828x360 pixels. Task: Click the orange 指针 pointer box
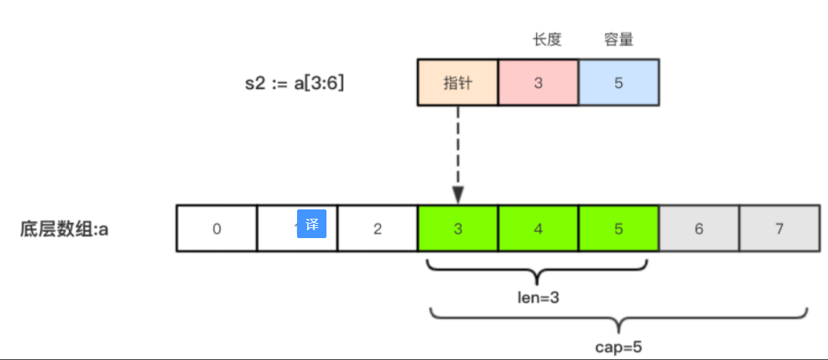[x=457, y=82]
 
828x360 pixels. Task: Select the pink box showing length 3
[x=538, y=82]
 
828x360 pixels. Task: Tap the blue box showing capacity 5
[x=618, y=82]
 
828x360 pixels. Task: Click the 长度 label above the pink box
[x=547, y=40]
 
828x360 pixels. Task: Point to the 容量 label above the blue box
[x=618, y=40]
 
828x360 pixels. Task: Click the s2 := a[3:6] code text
[x=294, y=83]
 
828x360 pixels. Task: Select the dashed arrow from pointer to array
[x=458, y=154]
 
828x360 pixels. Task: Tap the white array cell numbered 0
[x=217, y=229]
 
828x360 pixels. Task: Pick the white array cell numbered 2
[x=377, y=229]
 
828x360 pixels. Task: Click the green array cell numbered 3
[x=458, y=229]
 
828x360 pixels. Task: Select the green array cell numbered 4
[x=538, y=229]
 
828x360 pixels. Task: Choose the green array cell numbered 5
[x=618, y=229]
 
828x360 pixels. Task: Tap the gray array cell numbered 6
[x=699, y=229]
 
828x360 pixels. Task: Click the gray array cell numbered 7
[x=779, y=229]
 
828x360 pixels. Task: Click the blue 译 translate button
[x=312, y=224]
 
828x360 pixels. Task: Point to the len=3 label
[x=538, y=297]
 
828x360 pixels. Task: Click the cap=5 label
[x=618, y=347]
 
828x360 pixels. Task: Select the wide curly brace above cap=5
[x=618, y=320]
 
